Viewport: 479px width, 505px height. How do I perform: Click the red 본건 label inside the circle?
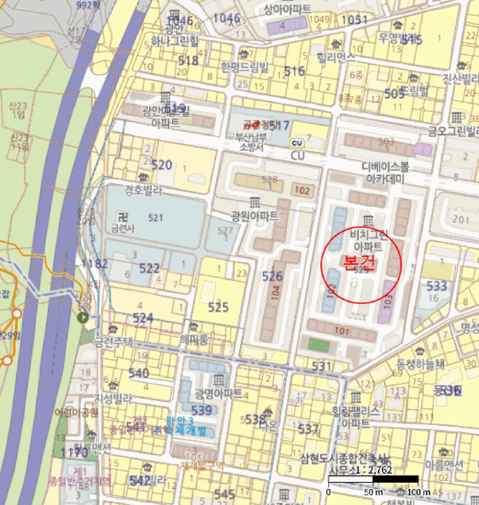click(360, 261)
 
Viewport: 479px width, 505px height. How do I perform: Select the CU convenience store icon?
click(296, 143)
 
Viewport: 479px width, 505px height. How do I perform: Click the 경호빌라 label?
click(144, 191)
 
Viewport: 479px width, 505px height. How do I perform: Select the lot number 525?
click(218, 307)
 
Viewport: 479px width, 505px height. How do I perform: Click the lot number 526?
click(272, 276)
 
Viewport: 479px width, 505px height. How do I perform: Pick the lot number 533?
click(436, 286)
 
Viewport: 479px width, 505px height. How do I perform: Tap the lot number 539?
click(202, 410)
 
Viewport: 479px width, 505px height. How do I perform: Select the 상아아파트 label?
click(287, 9)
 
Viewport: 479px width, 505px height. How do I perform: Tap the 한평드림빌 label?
click(244, 68)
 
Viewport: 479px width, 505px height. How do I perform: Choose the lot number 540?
click(138, 373)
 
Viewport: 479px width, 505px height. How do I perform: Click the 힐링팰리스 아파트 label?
click(355, 416)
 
